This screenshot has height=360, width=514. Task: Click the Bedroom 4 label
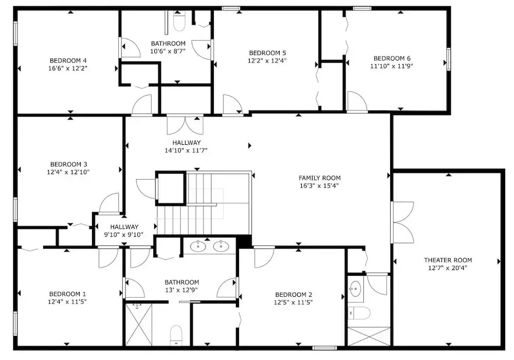pos(68,61)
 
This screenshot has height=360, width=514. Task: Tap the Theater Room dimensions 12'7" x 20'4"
pos(448,268)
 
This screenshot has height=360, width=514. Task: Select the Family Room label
pos(320,178)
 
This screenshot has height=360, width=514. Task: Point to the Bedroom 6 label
pos(392,59)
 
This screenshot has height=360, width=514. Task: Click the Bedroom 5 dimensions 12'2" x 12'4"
pos(267,60)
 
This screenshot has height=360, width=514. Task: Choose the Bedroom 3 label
pos(68,164)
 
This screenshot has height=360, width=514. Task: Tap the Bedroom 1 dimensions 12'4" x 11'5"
pos(67,301)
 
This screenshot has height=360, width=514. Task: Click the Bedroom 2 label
pos(293,294)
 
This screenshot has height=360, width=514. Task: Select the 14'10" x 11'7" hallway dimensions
pos(186,150)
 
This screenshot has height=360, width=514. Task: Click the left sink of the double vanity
pos(198,245)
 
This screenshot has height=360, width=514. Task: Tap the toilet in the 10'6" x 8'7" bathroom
pos(179,21)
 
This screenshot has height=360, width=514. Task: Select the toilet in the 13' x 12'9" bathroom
pos(176,335)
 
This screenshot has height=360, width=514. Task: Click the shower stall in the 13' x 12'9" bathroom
pos(139,324)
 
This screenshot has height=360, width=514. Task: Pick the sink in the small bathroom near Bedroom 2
pos(355,289)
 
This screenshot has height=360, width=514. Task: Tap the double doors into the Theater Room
pos(402,222)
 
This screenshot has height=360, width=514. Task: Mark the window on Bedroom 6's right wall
pos(449,59)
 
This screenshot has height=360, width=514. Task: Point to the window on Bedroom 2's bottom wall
pos(324,348)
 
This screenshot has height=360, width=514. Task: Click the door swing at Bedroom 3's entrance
pos(109,203)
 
